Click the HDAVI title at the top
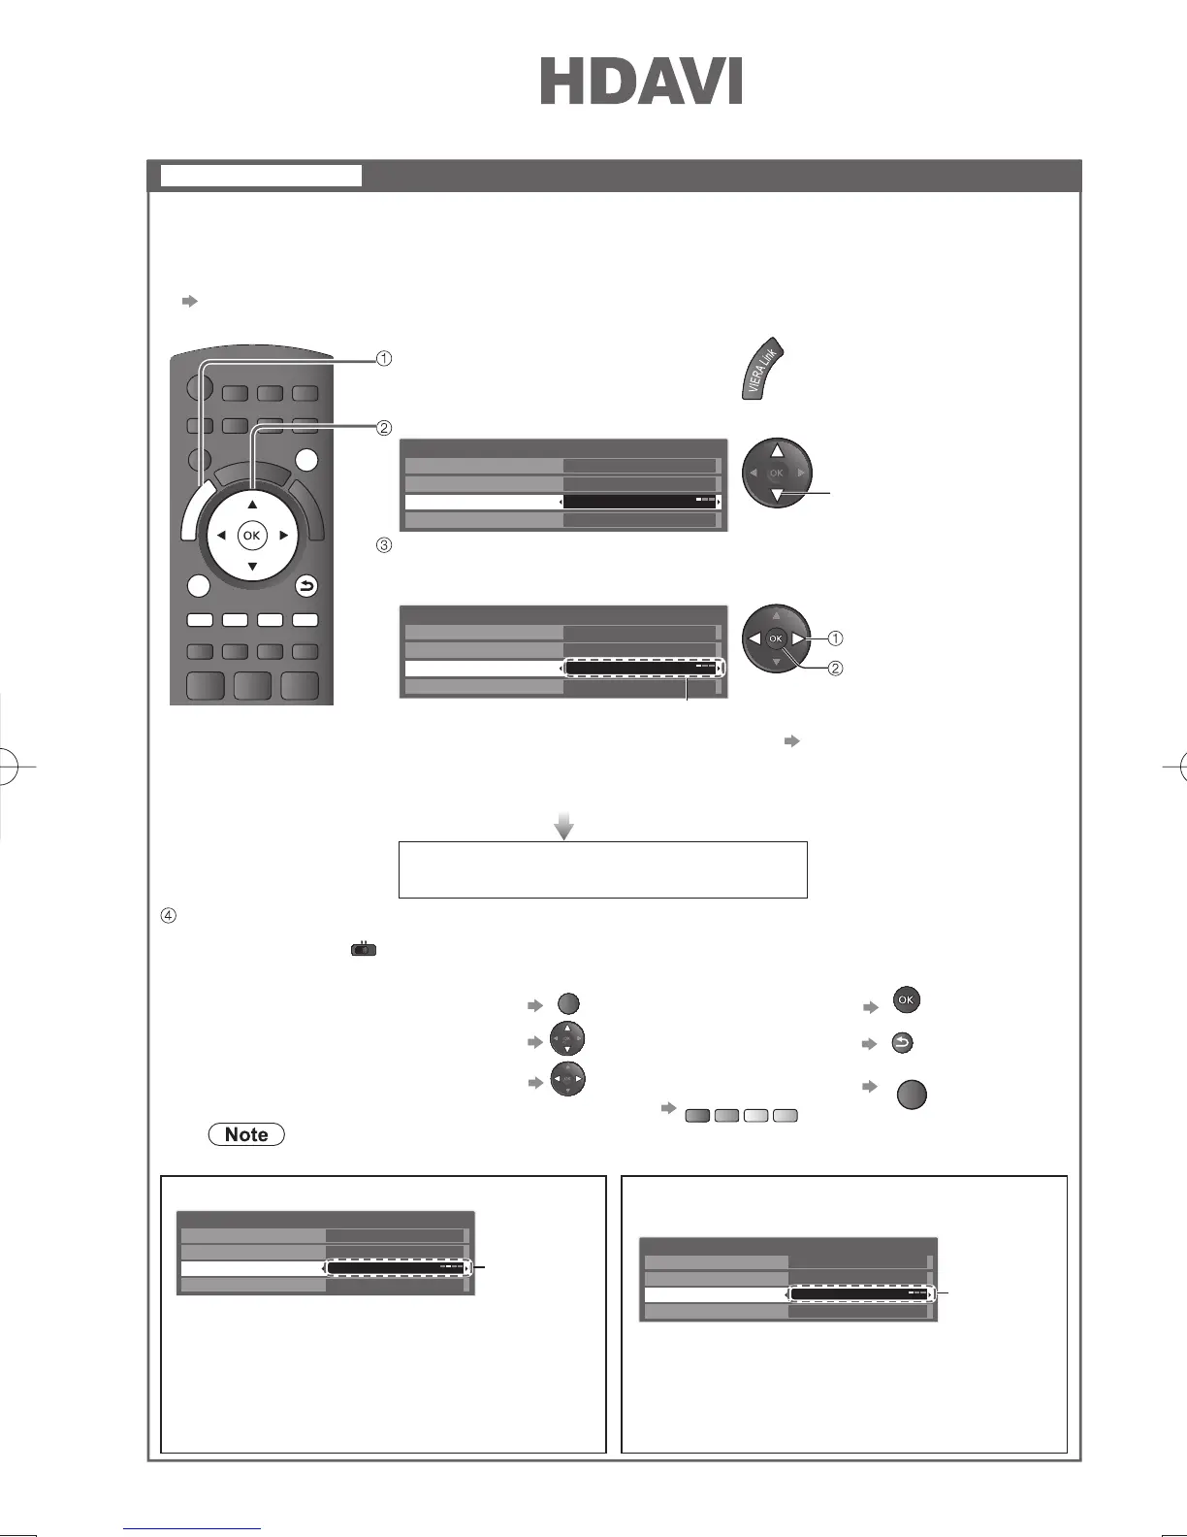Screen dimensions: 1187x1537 [x=641, y=82]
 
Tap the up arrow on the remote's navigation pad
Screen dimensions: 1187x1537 [x=252, y=505]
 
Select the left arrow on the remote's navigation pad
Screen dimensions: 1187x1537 [x=221, y=536]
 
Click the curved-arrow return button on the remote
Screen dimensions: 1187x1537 [x=306, y=586]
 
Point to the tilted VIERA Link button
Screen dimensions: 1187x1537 [x=763, y=370]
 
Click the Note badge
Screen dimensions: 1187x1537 [x=246, y=1134]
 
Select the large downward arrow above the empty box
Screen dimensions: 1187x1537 [x=563, y=827]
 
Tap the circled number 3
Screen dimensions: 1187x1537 [x=384, y=545]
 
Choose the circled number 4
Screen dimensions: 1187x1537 [x=167, y=915]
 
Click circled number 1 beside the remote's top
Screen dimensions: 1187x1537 [x=384, y=359]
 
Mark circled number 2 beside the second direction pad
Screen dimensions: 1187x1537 [x=835, y=669]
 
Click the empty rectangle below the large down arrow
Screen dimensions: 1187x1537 [x=602, y=869]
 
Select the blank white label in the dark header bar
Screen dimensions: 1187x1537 [x=260, y=176]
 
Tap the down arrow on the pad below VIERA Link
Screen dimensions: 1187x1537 [x=777, y=497]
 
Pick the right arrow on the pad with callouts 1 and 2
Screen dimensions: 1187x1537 [x=797, y=638]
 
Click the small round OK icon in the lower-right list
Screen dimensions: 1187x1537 [x=906, y=1000]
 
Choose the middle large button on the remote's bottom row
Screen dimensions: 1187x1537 [x=252, y=685]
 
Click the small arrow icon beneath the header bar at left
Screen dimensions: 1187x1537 [x=190, y=302]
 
